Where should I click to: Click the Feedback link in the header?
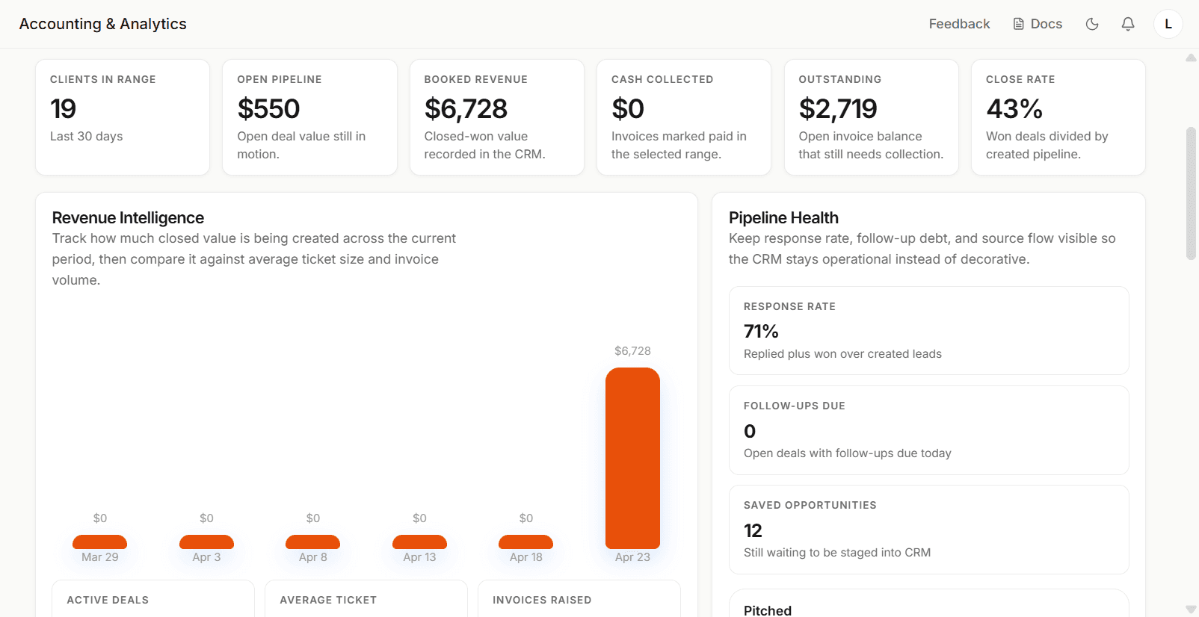coord(959,24)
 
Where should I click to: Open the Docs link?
coord(1038,24)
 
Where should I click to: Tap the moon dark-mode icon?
coord(1092,24)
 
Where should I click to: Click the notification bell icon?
coord(1128,24)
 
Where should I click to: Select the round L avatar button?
coord(1168,24)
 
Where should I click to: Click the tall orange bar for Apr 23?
coord(632,458)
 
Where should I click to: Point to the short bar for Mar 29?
coord(99,542)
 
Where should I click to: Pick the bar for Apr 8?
coord(312,542)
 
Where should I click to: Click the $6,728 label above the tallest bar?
coord(632,351)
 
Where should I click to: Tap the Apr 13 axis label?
coord(419,557)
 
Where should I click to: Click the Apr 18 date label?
coord(525,557)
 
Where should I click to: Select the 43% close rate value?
coord(1014,108)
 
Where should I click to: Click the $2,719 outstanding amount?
coord(838,108)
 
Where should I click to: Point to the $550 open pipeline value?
coord(268,108)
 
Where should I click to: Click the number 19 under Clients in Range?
coord(63,108)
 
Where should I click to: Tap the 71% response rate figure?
coord(761,332)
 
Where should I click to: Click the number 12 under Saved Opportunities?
coord(753,530)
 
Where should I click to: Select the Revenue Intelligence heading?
coord(128,217)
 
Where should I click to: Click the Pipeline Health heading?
coord(783,217)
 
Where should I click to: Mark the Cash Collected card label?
coord(662,79)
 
